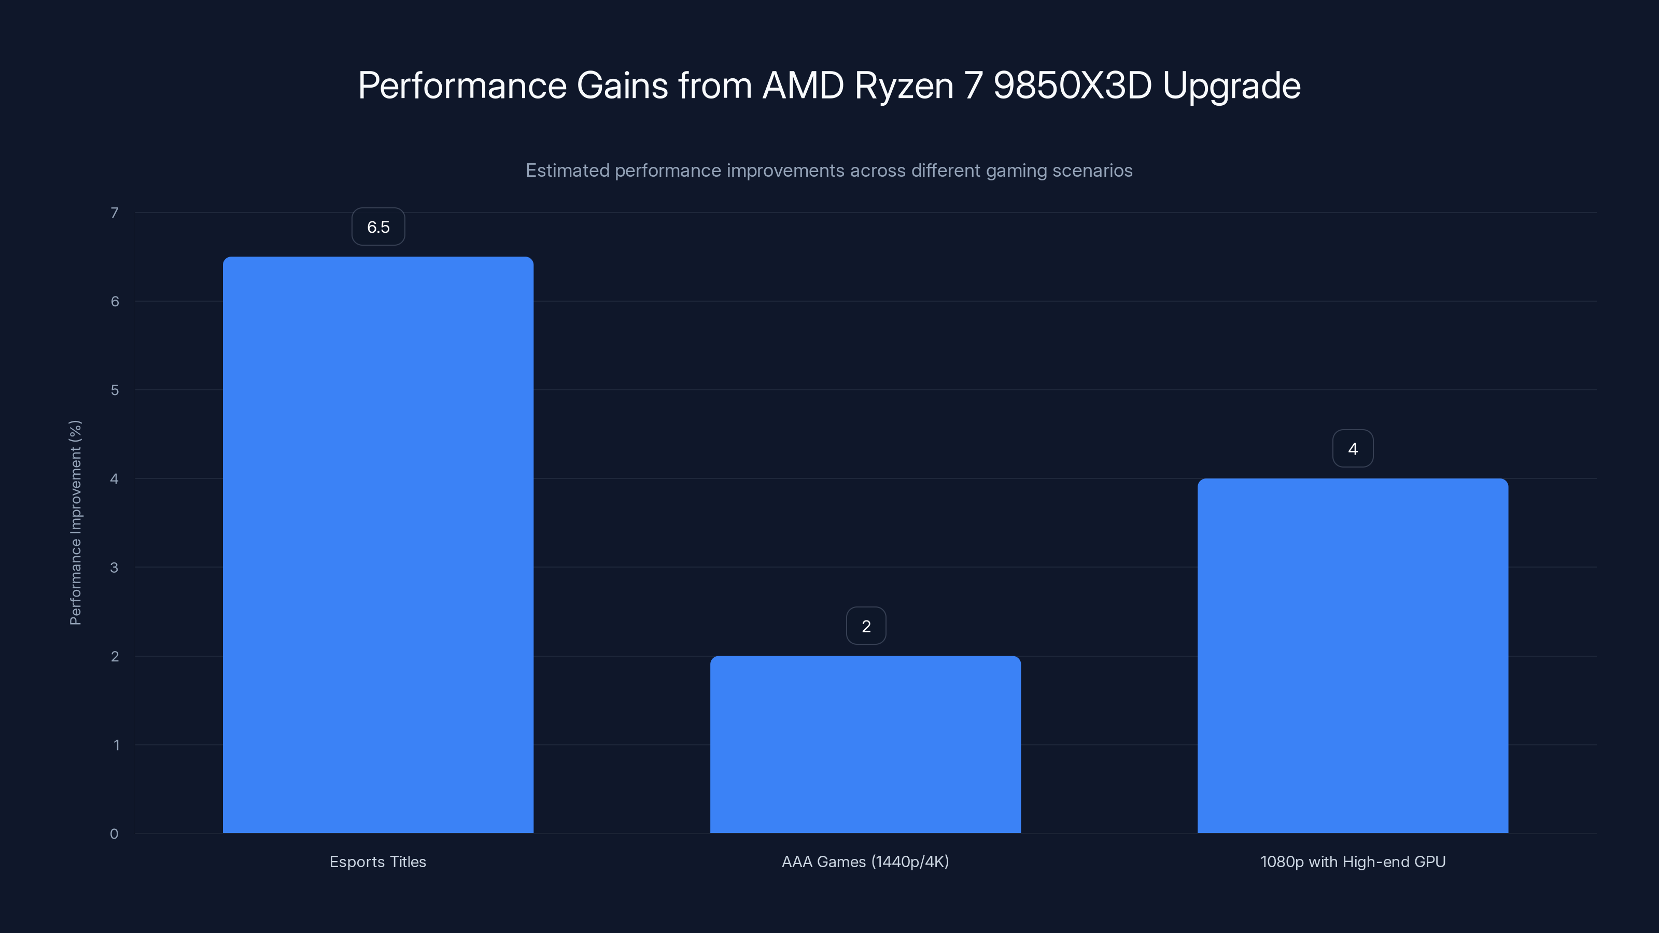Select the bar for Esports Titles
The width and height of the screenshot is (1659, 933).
click(x=378, y=545)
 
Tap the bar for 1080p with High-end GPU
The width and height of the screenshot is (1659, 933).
click(x=1353, y=656)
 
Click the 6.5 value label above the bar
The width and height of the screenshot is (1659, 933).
click(x=378, y=227)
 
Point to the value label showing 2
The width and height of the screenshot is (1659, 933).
click(x=866, y=626)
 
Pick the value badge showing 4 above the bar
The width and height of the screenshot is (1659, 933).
click(x=1353, y=448)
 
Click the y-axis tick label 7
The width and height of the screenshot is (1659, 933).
click(x=115, y=213)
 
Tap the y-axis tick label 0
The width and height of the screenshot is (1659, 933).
click(x=114, y=834)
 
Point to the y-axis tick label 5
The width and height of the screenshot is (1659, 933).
click(x=115, y=390)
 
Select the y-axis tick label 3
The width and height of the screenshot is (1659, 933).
click(x=114, y=567)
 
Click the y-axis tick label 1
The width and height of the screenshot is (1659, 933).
click(x=116, y=745)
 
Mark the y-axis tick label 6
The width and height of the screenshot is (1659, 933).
click(x=115, y=301)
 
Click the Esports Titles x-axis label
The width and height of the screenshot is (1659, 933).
click(x=377, y=861)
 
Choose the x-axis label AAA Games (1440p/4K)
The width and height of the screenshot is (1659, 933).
click(x=865, y=861)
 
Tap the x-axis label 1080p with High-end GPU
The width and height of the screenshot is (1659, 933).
click(x=1353, y=861)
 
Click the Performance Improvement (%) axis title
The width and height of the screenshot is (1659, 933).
click(x=75, y=522)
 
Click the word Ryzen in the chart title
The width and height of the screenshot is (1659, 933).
click(x=903, y=86)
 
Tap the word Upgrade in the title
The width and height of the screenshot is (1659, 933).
click(x=1231, y=86)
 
